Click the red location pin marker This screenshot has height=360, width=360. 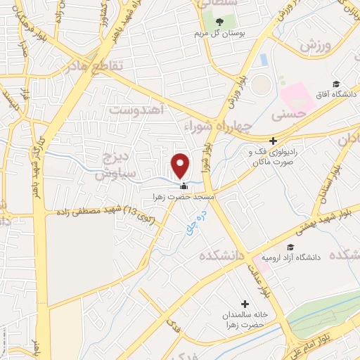(181, 165)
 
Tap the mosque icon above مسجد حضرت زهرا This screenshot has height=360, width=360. (184, 186)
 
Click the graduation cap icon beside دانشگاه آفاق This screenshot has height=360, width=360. (336, 85)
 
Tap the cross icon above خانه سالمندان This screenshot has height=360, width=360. (245, 304)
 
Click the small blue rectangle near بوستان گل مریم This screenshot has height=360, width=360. (263, 60)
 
